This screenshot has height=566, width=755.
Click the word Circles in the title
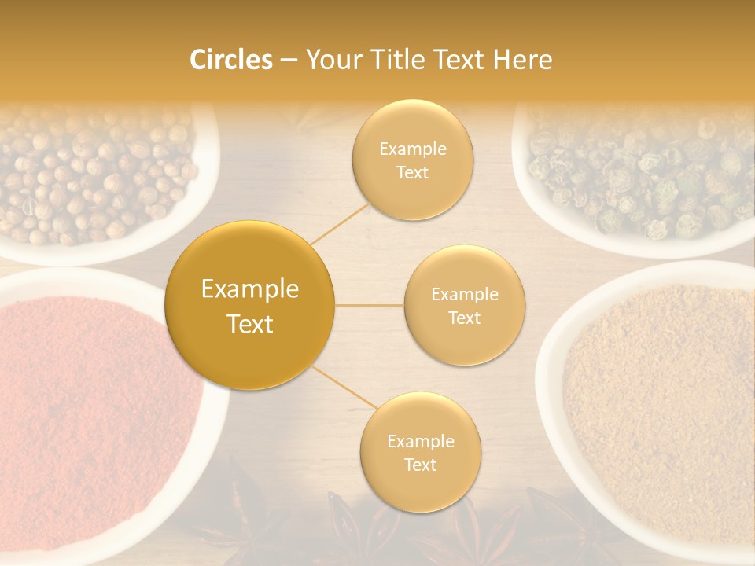click(x=231, y=61)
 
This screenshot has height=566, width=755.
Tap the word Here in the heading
click(x=522, y=61)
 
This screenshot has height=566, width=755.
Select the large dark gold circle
click(x=250, y=305)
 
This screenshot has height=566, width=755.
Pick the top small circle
click(x=413, y=160)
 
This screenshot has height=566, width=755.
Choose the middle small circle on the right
click(x=465, y=305)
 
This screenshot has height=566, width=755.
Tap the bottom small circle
click(x=420, y=453)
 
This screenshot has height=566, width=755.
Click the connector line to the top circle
click(x=341, y=222)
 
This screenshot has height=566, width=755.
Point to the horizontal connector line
click(x=370, y=305)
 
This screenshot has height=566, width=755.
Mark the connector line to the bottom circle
click(x=344, y=388)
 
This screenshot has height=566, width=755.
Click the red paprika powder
click(x=87, y=409)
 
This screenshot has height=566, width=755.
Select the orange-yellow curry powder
click(x=661, y=409)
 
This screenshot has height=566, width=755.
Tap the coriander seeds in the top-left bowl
click(x=94, y=177)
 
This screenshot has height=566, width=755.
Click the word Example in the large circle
click(x=250, y=289)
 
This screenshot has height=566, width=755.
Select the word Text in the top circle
click(x=413, y=172)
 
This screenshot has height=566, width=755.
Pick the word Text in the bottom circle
click(x=420, y=465)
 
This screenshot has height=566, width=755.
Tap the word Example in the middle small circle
click(x=465, y=294)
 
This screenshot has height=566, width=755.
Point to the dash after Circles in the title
click(x=289, y=61)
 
